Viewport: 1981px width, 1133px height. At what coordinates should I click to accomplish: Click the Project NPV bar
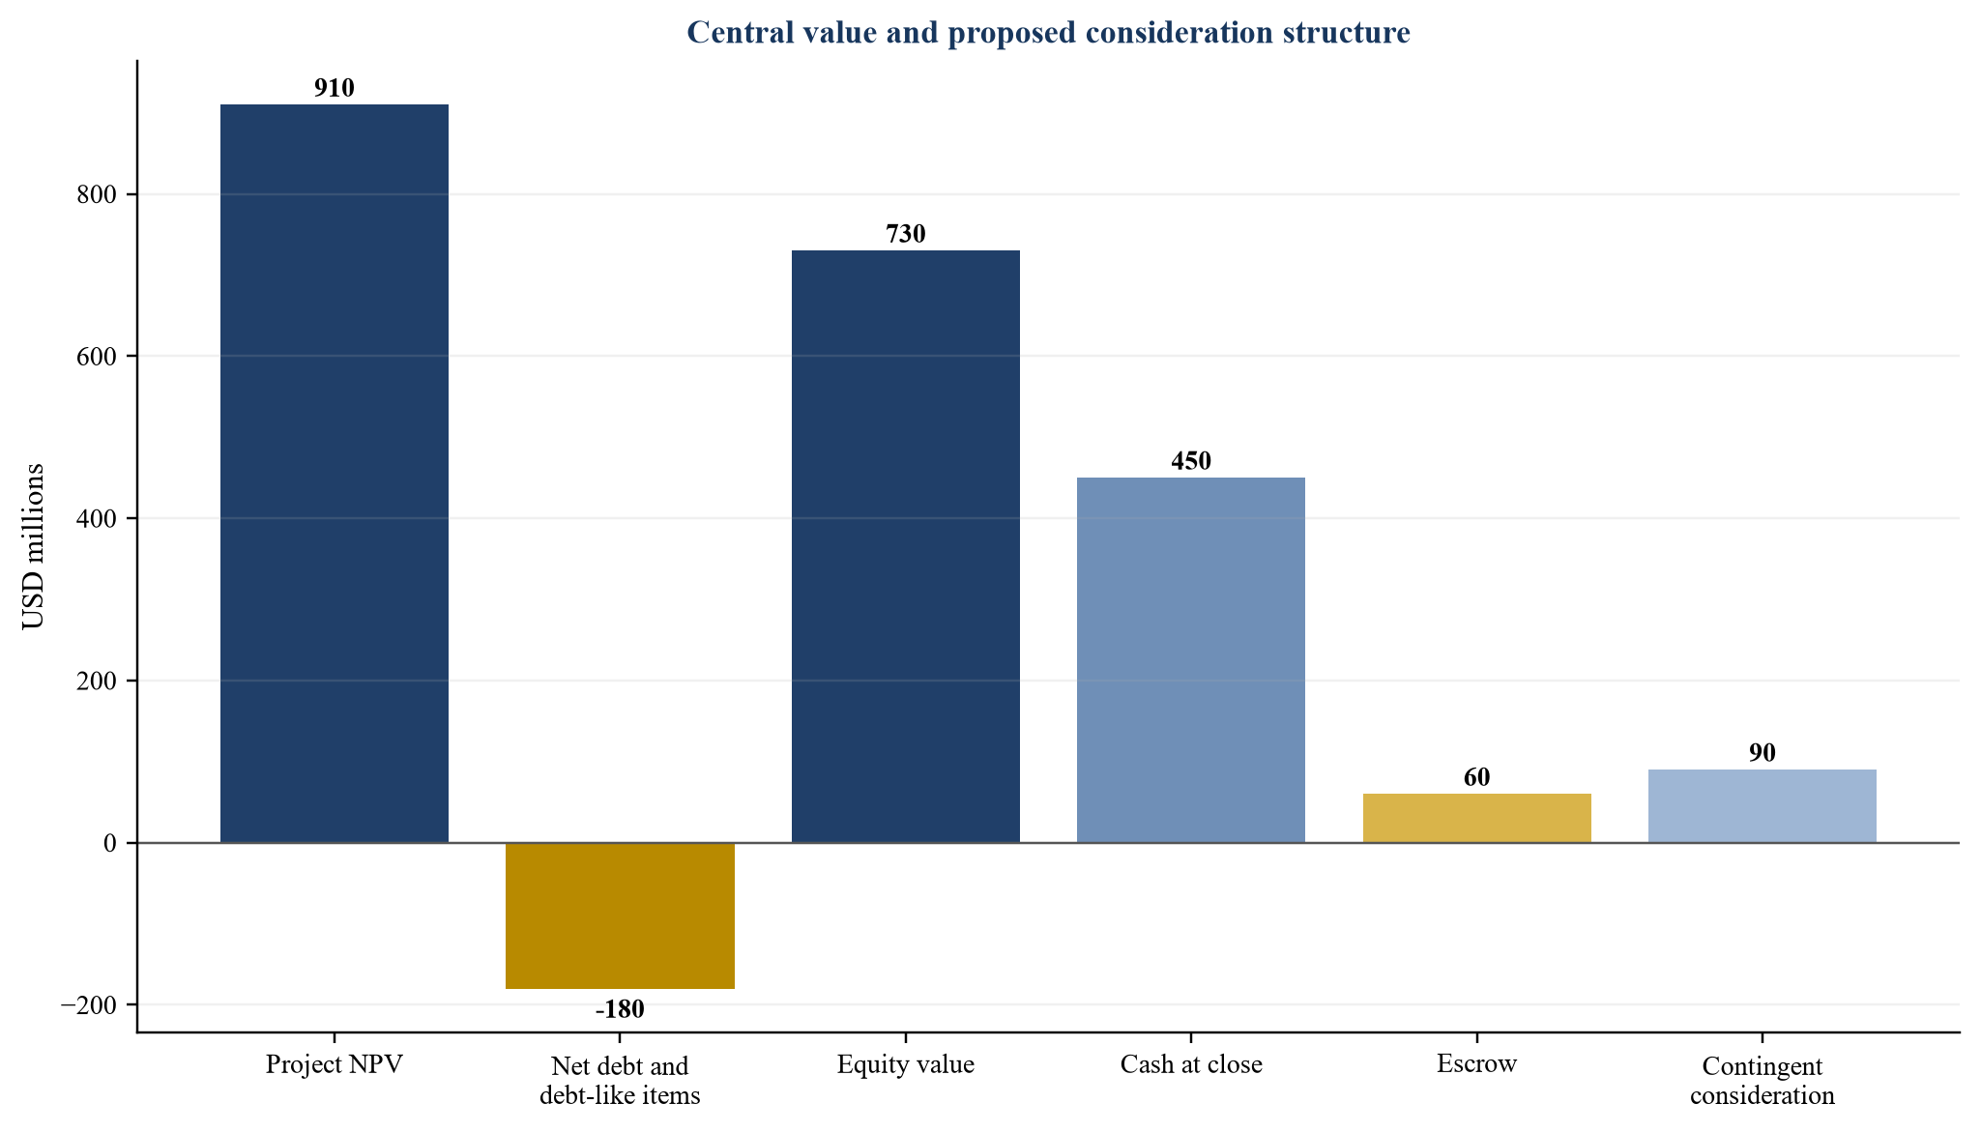(335, 474)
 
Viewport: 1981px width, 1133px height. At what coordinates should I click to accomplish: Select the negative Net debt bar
(620, 915)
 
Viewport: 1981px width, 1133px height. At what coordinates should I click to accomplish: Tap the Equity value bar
(906, 546)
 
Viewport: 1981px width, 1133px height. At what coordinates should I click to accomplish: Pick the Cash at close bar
(1191, 660)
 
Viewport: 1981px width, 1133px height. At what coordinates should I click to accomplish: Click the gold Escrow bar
(1477, 818)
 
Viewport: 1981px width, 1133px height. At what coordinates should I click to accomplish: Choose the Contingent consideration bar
(1763, 806)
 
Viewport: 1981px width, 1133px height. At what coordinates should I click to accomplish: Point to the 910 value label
(335, 88)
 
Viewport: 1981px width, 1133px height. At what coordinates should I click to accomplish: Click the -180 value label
(620, 1009)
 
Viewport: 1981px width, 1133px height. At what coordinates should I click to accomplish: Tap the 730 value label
(906, 234)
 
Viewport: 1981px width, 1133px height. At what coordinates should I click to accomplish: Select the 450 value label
(1191, 461)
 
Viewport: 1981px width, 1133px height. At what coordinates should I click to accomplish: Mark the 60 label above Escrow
(1477, 777)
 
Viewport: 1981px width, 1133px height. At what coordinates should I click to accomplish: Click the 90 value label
(1763, 753)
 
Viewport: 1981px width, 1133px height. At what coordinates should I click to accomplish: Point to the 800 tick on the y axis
(97, 194)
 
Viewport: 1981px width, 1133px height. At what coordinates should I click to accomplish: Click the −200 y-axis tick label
(89, 1004)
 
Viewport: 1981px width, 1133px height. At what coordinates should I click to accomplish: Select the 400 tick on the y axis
(97, 518)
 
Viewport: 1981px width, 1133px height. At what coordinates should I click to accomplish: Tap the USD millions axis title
(34, 546)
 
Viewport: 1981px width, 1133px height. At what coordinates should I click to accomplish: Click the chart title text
(1048, 33)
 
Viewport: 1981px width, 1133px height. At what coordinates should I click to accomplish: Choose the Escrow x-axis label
(1477, 1064)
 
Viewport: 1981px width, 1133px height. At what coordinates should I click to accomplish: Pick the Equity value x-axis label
(906, 1065)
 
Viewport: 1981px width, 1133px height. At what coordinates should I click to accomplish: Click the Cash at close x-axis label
(1191, 1064)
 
